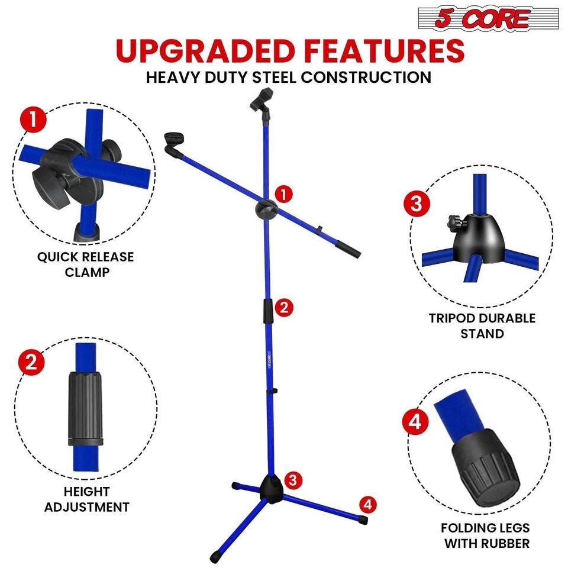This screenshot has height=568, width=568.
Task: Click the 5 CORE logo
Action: click(x=488, y=18)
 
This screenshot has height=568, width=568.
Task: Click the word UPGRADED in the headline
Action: click(x=205, y=50)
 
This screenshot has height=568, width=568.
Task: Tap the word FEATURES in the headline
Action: click(x=385, y=50)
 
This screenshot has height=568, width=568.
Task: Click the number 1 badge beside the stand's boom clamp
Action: click(x=283, y=195)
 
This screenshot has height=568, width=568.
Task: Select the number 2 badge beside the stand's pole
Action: click(x=283, y=308)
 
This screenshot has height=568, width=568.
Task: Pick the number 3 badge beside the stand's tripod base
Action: click(x=293, y=480)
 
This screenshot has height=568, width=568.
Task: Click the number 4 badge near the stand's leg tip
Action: click(x=368, y=505)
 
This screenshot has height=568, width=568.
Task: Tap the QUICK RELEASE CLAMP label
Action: click(x=86, y=264)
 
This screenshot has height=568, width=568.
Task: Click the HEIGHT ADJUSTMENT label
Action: click(x=87, y=499)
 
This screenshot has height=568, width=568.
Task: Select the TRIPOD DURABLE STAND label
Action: click(x=482, y=325)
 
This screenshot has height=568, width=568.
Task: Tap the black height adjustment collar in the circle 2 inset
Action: click(x=85, y=408)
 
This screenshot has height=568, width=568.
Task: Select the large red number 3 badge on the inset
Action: click(x=417, y=204)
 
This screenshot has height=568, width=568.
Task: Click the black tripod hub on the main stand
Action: click(x=270, y=489)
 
